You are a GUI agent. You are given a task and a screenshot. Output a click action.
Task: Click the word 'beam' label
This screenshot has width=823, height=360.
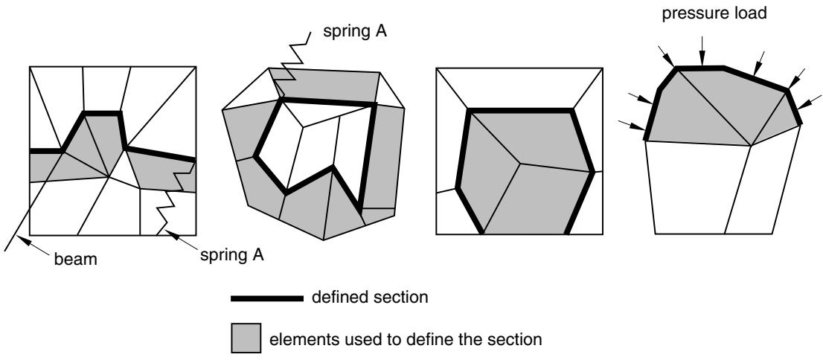click(76, 260)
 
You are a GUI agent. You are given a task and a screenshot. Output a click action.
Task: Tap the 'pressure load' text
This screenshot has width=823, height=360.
click(714, 13)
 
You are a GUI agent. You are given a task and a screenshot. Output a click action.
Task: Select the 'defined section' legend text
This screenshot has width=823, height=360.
click(370, 298)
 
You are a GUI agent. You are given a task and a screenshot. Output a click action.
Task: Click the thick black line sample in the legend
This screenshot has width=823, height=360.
click(267, 298)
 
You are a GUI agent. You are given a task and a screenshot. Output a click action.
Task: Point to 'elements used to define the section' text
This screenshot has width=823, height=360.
click(406, 339)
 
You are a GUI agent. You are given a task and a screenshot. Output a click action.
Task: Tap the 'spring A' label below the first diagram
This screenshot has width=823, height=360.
click(231, 256)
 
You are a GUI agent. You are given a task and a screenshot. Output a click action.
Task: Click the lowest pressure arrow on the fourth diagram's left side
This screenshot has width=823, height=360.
click(632, 126)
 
